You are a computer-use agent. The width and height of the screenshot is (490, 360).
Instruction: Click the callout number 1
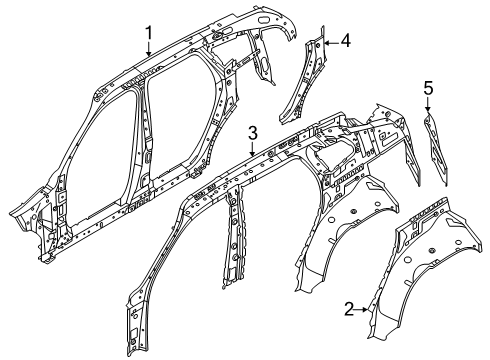149,34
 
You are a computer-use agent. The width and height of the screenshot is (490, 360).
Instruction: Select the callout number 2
349,310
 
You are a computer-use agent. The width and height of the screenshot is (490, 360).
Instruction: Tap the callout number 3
253,134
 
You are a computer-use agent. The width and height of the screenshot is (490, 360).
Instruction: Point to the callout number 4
346,42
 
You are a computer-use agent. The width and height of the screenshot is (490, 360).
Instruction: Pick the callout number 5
428,89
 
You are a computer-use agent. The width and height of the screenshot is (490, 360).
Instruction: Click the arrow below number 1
149,49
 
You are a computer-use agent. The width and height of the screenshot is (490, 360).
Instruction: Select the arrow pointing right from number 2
361,310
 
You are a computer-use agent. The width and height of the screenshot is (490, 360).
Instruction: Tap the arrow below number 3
253,149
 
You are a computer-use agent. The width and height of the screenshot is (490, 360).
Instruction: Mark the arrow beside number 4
332,42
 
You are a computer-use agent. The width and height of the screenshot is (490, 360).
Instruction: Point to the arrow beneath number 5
428,104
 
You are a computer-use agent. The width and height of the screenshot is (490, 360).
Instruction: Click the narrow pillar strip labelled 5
436,149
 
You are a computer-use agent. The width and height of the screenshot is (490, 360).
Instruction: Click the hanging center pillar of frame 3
235,237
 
